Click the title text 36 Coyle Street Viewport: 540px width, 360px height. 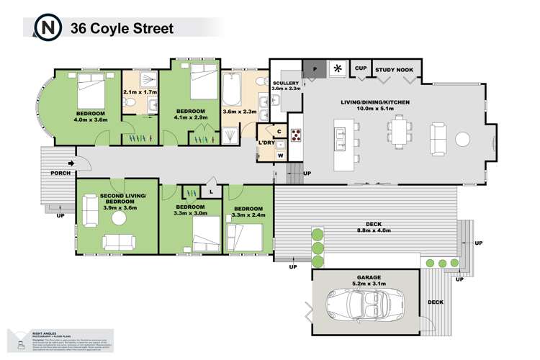[122, 29]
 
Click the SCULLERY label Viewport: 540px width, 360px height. [286, 84]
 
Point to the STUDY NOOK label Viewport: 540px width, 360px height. [392, 69]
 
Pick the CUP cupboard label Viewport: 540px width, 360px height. [361, 68]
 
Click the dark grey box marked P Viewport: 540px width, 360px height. [313, 69]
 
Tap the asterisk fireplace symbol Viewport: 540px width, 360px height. [338, 69]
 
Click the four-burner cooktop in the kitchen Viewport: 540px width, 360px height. [295, 135]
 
